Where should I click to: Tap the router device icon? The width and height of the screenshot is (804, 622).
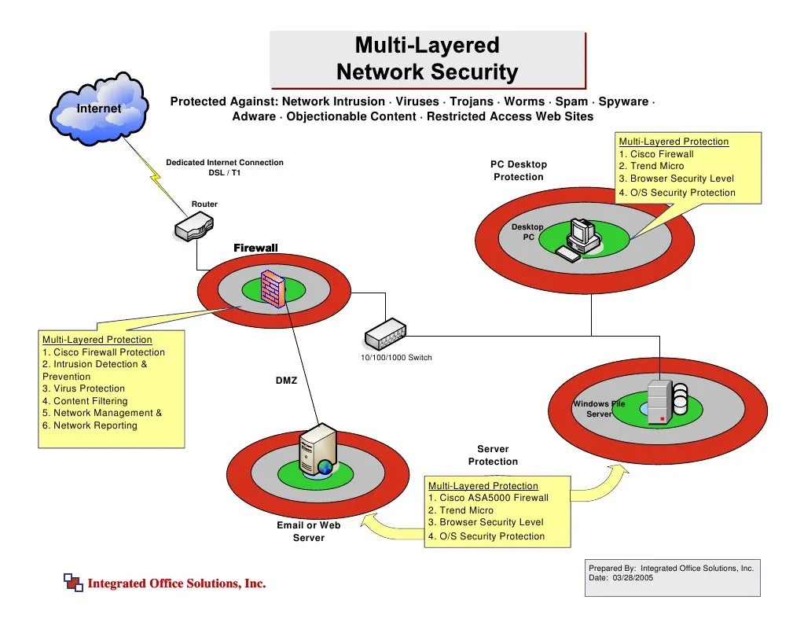pyautogui.click(x=193, y=228)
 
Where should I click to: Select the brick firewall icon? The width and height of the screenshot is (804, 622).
pyautogui.click(x=273, y=289)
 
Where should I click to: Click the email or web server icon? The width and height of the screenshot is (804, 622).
pyautogui.click(x=318, y=450)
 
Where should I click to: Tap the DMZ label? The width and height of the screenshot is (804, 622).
pyautogui.click(x=286, y=381)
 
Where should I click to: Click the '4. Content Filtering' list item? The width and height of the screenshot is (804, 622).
pyautogui.click(x=85, y=401)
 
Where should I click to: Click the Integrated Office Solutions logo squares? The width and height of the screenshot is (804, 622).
pyautogui.click(x=72, y=582)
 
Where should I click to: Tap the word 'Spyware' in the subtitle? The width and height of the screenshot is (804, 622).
pyautogui.click(x=623, y=101)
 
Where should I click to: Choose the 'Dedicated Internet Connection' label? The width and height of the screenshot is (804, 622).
pyautogui.click(x=225, y=163)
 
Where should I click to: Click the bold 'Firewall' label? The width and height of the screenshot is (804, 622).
pyautogui.click(x=255, y=248)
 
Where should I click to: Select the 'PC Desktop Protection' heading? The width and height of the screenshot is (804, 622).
pyautogui.click(x=519, y=171)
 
